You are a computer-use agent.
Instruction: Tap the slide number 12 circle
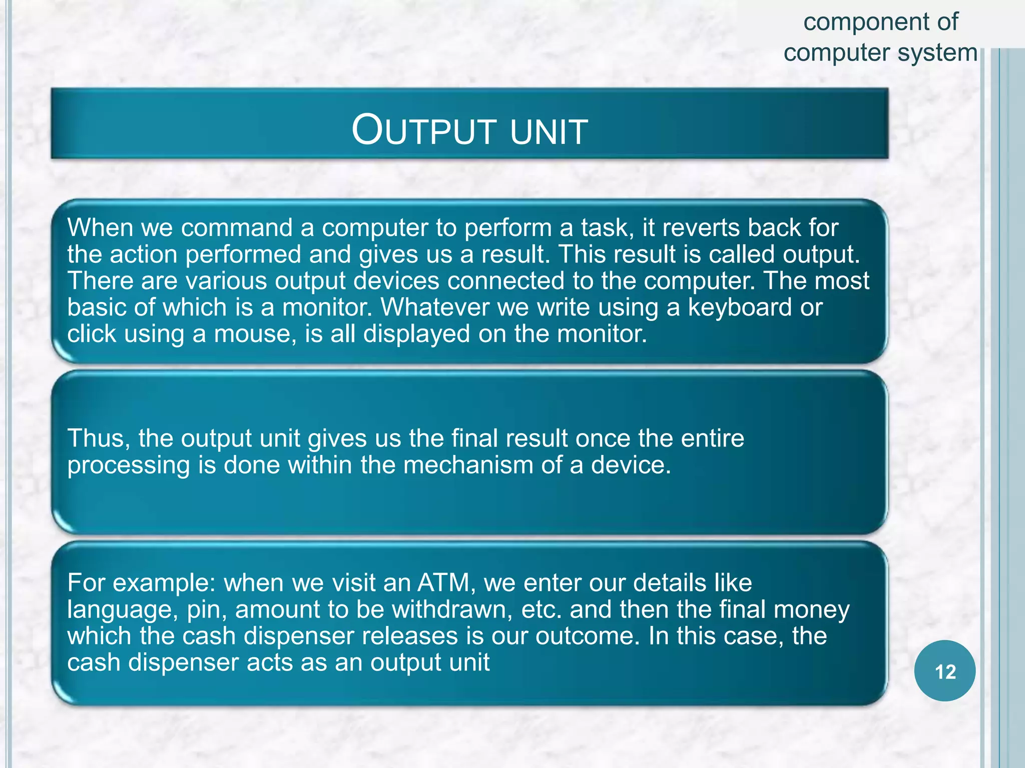(944, 671)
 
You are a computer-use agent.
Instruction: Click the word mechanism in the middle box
(467, 465)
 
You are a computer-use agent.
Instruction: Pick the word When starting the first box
(100, 228)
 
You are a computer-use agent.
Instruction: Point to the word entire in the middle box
(712, 438)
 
